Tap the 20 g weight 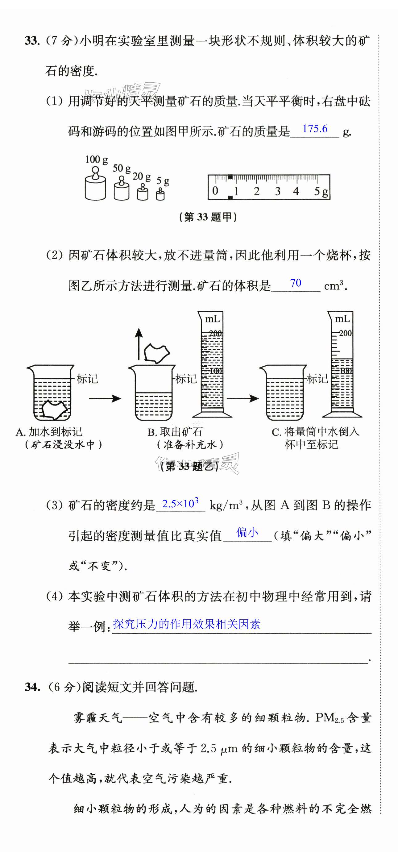click(143, 193)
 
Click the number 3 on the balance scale click(277, 192)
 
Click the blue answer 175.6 click(315, 129)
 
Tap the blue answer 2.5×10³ click(180, 503)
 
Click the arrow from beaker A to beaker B click(105, 398)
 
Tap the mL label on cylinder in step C click(342, 319)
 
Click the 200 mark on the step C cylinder click(345, 333)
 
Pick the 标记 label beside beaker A click(87, 379)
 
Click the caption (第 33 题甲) click(208, 217)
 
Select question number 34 click(32, 687)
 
